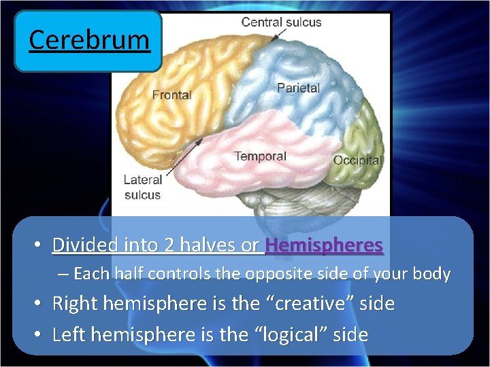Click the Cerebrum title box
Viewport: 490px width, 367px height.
(88, 41)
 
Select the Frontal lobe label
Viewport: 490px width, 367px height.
(171, 94)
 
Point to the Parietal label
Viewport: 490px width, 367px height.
(298, 88)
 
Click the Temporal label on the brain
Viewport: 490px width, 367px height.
(260, 156)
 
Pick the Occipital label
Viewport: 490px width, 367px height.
(357, 160)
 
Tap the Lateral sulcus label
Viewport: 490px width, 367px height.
(143, 188)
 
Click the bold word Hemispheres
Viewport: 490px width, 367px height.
(324, 245)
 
